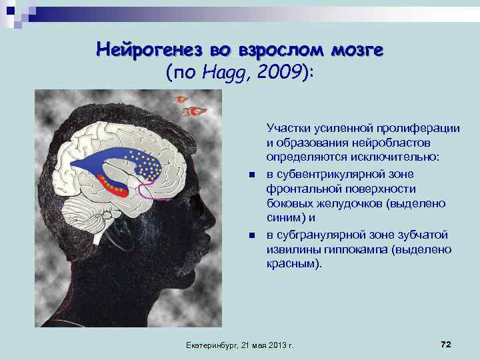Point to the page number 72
tap(446, 343)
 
